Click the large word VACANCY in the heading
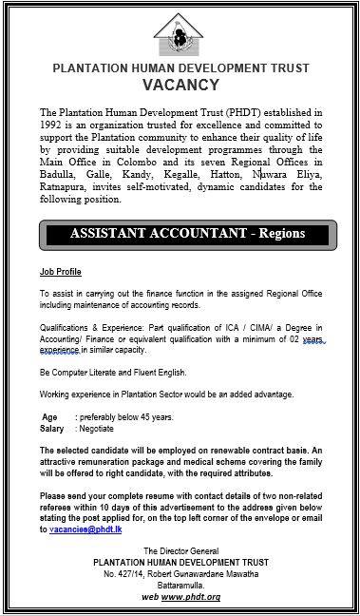(180, 85)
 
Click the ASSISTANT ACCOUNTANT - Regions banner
(180, 234)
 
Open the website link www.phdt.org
(194, 596)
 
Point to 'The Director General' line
(180, 551)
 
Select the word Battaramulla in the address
(180, 584)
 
